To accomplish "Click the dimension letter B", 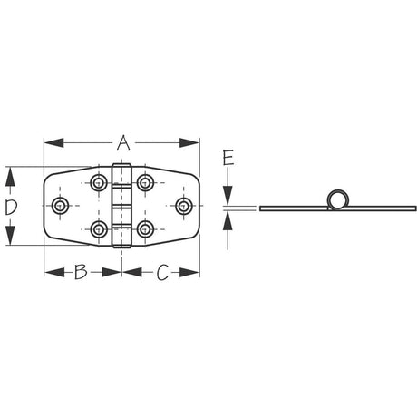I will pyautogui.click(x=80, y=270).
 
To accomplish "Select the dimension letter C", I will pyautogui.click(x=162, y=270).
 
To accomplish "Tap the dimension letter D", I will pyautogui.click(x=11, y=208).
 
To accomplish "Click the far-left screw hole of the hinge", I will pyautogui.click(x=61, y=206).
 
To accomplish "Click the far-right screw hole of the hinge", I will pyautogui.click(x=184, y=206).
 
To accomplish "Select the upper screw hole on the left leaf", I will pyautogui.click(x=99, y=181).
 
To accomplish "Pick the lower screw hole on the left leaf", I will pyautogui.click(x=99, y=228).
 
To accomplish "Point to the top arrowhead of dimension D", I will pyautogui.click(x=11, y=172).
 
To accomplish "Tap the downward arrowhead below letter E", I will pyautogui.click(x=228, y=200).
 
